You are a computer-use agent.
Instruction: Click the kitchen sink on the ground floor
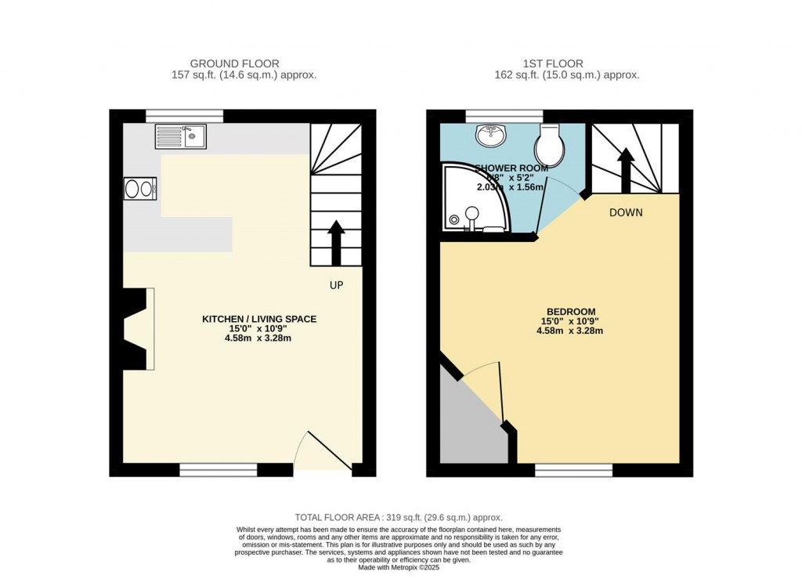coord(180,136)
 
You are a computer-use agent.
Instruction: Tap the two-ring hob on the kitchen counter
coord(139,189)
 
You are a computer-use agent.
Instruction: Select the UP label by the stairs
coord(336,285)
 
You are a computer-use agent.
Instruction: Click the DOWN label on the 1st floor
coord(626,212)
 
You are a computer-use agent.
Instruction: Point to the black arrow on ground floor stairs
coord(336,243)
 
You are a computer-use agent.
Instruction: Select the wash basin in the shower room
coord(491,136)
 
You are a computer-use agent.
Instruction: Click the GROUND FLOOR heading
coord(234,63)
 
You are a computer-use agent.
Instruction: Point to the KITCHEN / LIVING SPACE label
coord(259,319)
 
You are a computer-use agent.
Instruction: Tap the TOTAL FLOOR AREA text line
coord(398,517)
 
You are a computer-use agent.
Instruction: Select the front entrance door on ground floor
coord(322,453)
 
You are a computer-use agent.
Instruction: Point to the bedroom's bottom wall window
coord(573,470)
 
